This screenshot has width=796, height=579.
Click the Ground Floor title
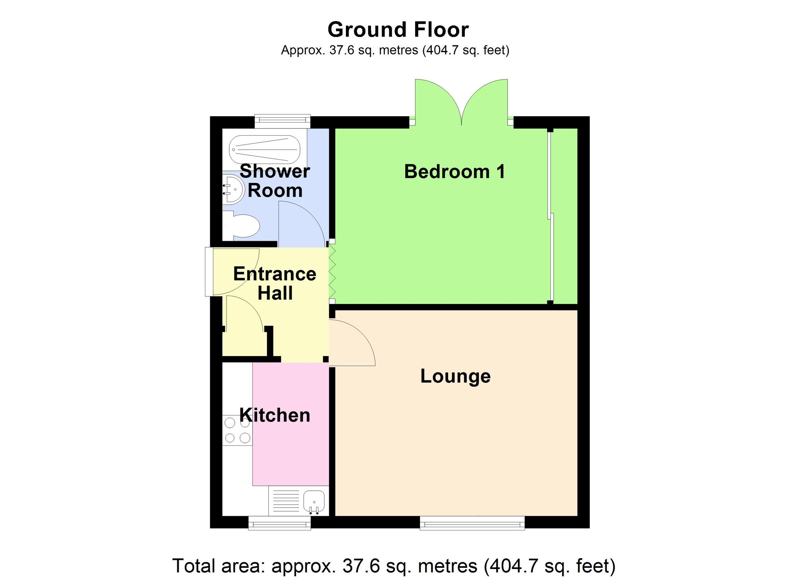(398, 30)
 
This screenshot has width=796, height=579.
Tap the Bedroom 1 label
(455, 172)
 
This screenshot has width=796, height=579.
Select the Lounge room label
(455, 376)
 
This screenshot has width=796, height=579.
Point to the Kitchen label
(275, 415)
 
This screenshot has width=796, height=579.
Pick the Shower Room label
(275, 181)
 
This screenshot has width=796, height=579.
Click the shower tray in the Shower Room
(264, 150)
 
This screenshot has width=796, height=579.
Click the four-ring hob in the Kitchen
(237, 430)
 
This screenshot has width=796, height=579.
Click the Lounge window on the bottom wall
(472, 523)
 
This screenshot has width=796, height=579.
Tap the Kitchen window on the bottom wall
(279, 523)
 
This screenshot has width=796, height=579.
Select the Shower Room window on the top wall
(282, 121)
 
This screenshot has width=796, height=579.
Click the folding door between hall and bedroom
(332, 273)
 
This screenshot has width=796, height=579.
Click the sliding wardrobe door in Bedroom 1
(550, 215)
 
